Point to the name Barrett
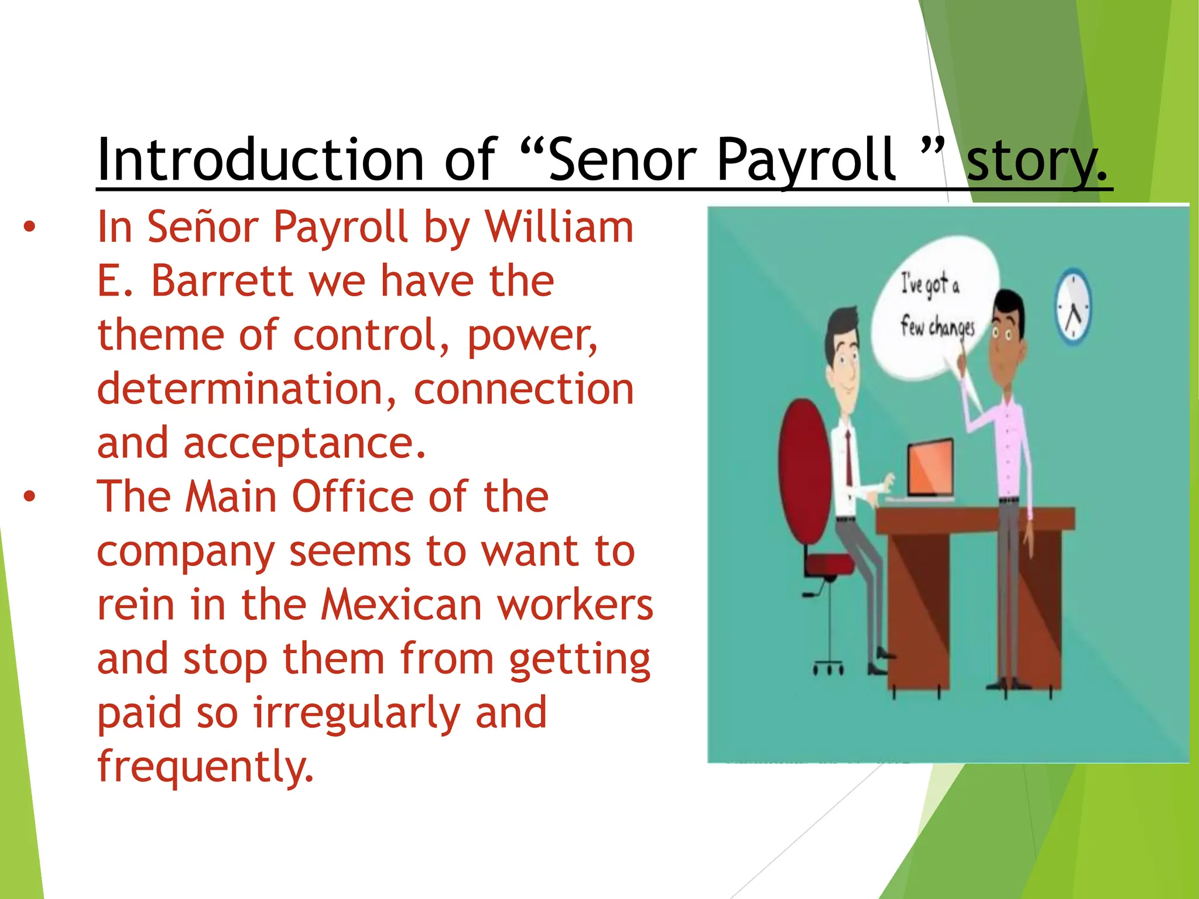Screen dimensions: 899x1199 222,281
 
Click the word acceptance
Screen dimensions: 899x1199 304,443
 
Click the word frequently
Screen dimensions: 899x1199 205,767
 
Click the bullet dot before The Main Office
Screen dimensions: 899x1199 29,497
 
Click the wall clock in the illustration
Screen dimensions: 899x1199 1073,307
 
